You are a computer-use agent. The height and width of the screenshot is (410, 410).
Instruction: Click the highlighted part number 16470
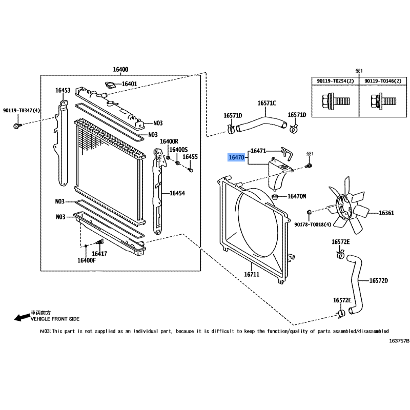[x=236, y=157]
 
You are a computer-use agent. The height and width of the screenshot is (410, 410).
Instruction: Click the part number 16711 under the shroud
[x=252, y=274]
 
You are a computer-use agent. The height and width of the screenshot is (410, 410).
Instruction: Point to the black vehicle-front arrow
[x=22, y=317]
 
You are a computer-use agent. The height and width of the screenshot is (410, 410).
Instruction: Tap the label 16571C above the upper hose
[x=266, y=103]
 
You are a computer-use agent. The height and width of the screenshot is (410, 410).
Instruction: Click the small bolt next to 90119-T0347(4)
[x=17, y=126]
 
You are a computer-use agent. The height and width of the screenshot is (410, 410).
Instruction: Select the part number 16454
[x=177, y=193]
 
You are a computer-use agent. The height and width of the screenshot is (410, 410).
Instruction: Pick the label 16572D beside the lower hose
[x=378, y=280]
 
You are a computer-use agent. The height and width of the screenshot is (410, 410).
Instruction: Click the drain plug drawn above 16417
[x=100, y=242]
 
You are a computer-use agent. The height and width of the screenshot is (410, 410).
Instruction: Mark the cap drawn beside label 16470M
[x=275, y=196]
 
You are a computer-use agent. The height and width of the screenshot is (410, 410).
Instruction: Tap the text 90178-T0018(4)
[x=313, y=224]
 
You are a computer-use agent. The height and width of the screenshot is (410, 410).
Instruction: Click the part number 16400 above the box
[x=120, y=69]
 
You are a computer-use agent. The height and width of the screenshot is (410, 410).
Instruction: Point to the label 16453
[x=63, y=90]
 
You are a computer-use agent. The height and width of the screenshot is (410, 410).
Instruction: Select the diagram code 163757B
[x=399, y=341]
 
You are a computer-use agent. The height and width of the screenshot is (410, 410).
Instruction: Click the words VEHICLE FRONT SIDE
[x=55, y=319]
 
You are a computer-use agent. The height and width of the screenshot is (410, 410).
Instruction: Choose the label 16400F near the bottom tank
[x=87, y=260]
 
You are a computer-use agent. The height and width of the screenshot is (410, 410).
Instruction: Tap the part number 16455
[x=190, y=157]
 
